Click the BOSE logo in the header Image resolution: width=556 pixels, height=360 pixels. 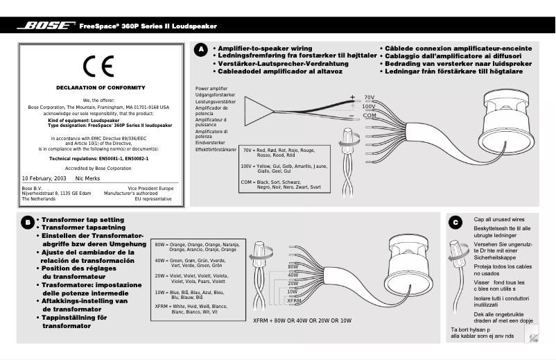click(46, 26)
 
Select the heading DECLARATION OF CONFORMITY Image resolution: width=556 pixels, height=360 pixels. click(101, 87)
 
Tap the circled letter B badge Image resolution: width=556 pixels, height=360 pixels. click(26, 222)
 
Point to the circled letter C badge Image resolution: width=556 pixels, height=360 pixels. click(455, 222)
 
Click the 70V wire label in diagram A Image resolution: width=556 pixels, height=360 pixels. click(370, 97)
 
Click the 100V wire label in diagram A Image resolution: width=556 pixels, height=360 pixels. click(369, 107)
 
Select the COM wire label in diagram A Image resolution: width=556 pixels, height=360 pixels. click(370, 116)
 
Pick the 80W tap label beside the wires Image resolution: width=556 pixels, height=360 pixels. click(293, 266)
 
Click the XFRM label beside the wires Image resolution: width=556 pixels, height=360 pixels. click(294, 301)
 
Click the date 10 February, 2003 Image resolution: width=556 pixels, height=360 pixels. click(44, 178)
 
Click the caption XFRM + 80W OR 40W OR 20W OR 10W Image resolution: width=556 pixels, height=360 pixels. click(302, 320)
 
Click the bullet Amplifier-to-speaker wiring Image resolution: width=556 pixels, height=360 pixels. click(262, 49)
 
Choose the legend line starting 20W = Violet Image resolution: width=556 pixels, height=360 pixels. click(191, 278)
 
